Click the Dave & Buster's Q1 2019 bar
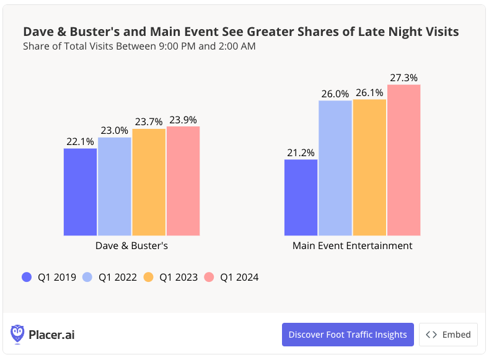pos(80,192)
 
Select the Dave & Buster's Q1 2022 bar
pos(115,187)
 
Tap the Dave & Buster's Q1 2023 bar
pos(149,182)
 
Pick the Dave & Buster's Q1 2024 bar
pos(183,181)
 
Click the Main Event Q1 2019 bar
pos(301,198)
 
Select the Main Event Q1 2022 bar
pos(335,168)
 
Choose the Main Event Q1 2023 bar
pos(369,167)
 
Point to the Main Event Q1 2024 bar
pos(404,160)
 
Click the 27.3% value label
pos(404,77)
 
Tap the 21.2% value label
pos(301,152)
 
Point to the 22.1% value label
pos(80,141)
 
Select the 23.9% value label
pos(183,120)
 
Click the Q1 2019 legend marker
pos(26,277)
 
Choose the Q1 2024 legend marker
pos(209,277)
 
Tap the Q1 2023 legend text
pos(178,277)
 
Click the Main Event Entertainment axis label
pos(352,245)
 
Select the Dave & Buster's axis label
pos(131,245)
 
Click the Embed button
pos(448,335)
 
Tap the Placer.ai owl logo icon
pos(18,335)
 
